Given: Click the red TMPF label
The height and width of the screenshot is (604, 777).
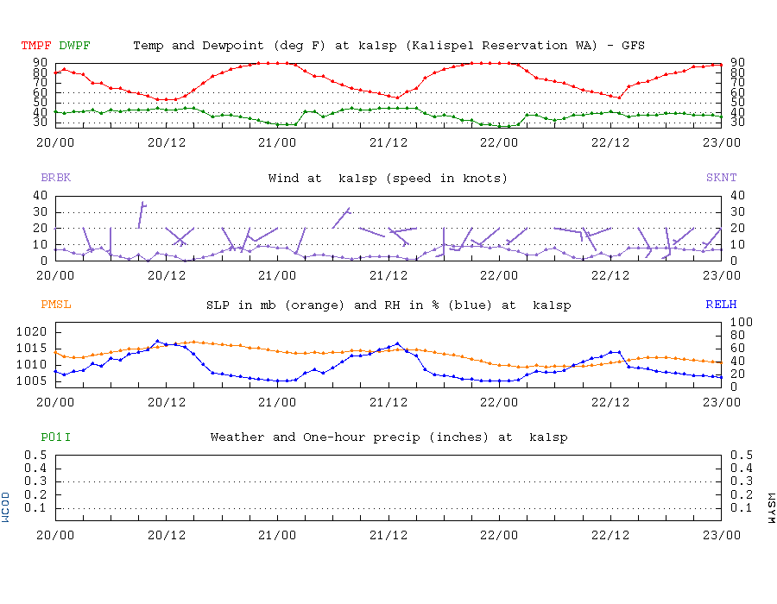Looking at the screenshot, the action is (x=36, y=46).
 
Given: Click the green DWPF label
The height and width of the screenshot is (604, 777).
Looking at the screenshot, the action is (x=74, y=46).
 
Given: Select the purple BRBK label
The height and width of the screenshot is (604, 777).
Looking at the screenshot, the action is (x=55, y=177).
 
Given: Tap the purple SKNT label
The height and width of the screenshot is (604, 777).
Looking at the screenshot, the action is (x=721, y=177).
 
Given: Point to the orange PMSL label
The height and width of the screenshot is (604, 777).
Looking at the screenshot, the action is (x=55, y=304).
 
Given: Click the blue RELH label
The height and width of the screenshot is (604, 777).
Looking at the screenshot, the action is (x=721, y=304).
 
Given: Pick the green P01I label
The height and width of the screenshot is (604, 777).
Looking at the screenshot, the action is (x=55, y=437).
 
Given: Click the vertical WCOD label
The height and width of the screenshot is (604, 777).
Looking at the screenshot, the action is (x=5, y=507).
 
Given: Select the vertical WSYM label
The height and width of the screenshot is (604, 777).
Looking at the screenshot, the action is (x=771, y=508).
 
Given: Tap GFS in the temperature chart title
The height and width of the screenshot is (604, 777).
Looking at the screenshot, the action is (x=633, y=46).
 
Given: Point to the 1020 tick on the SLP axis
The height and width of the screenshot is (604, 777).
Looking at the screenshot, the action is (x=31, y=331).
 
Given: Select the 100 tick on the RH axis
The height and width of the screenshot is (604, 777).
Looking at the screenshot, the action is (x=742, y=323).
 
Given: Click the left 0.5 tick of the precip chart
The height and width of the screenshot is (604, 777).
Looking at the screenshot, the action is (x=35, y=455).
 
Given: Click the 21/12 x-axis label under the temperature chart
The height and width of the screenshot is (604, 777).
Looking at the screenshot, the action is (x=388, y=142).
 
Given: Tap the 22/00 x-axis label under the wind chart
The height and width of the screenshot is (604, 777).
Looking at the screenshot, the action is (x=498, y=275).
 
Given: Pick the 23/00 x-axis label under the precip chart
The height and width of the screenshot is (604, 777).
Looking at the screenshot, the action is (x=721, y=535).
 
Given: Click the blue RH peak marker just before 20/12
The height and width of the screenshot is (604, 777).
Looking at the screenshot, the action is (x=158, y=341).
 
